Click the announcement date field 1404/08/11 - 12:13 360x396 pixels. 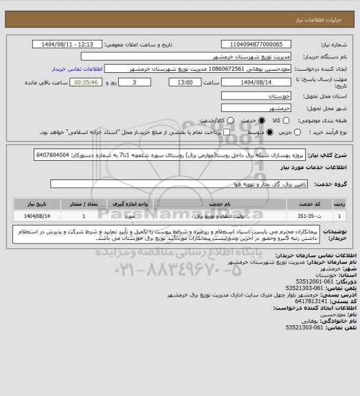[x=68, y=45]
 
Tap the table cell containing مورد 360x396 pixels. [x=137, y=215]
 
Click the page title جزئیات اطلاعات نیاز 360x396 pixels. [x=330, y=8]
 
